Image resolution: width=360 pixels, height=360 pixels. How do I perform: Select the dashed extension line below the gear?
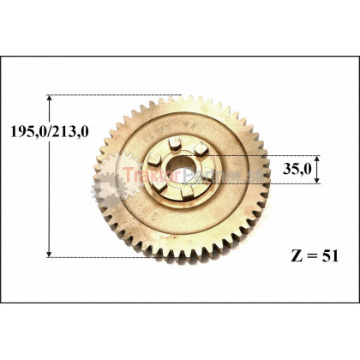[x=111, y=255]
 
